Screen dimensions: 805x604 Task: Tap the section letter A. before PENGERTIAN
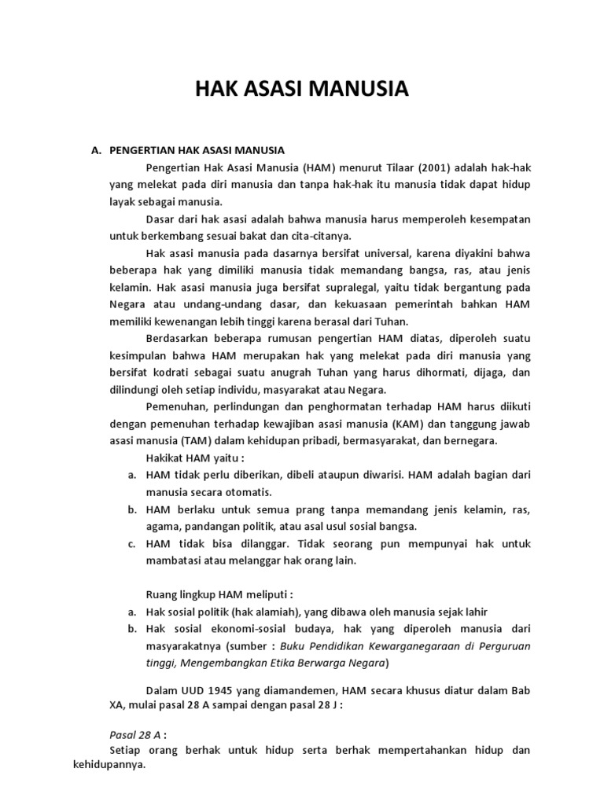(x=98, y=149)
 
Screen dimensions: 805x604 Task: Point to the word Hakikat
(x=165, y=458)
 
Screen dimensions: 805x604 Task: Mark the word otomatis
(x=245, y=492)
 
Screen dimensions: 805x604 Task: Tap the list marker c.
(x=130, y=543)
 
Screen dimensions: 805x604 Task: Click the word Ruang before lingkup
(x=161, y=595)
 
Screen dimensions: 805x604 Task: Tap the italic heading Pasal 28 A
(x=134, y=733)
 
